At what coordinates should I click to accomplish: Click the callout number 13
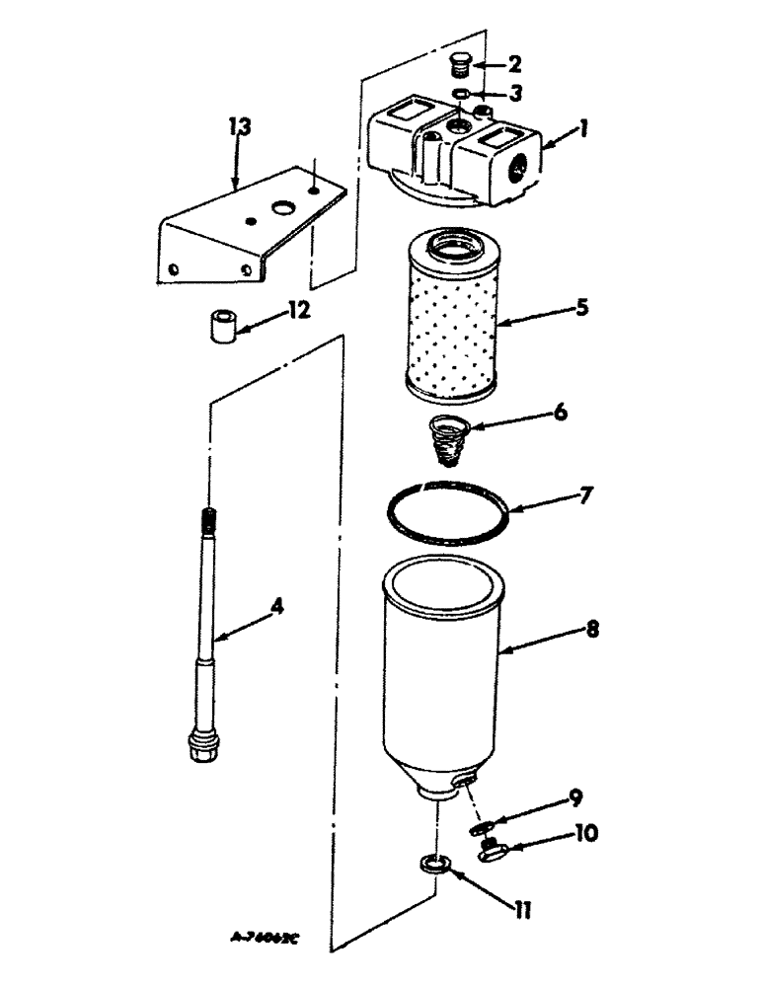point(240,128)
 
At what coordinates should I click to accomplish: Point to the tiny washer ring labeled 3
point(461,96)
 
